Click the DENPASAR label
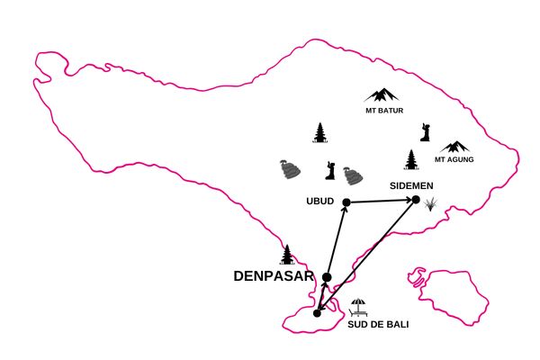point(274,276)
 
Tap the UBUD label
point(319,202)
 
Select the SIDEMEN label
point(411,186)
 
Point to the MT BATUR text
point(384,111)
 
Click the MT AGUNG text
point(454,159)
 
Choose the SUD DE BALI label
point(378,325)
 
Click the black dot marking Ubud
point(346,202)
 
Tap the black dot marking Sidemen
point(416,200)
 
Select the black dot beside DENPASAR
point(327,277)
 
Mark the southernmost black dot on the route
point(317,313)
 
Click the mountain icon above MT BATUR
point(382,95)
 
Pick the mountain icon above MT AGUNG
point(455,147)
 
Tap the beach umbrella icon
point(358,308)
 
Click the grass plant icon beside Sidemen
point(430,204)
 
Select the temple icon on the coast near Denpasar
point(287,255)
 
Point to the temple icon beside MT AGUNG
point(411,159)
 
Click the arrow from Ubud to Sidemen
point(382,201)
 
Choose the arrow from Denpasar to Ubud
point(337,239)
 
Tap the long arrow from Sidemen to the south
point(366,256)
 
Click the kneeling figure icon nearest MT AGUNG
point(426,132)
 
